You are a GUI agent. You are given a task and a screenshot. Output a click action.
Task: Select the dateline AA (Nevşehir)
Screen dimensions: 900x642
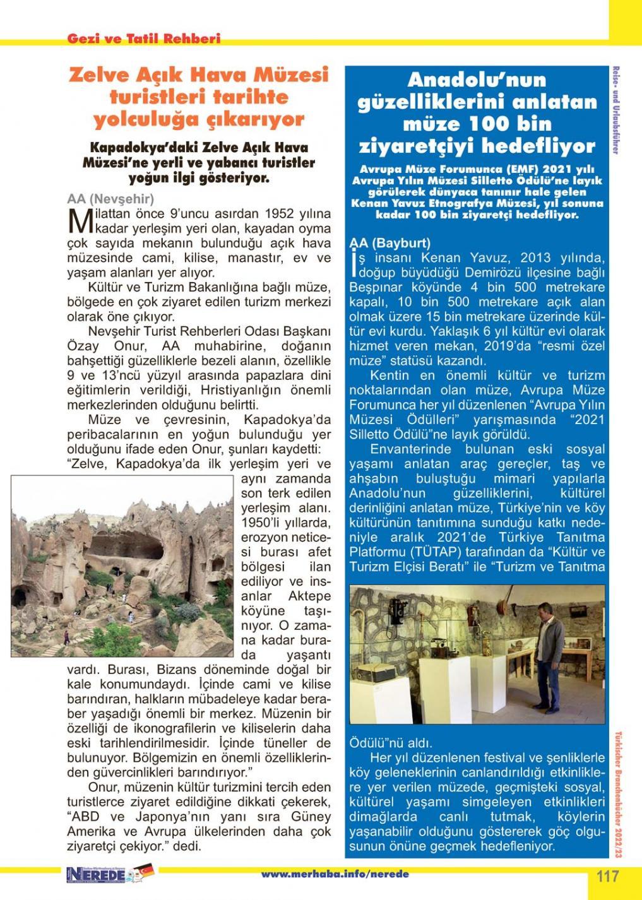110,198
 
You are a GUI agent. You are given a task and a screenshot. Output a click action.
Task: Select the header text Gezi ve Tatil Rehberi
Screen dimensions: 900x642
143,39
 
